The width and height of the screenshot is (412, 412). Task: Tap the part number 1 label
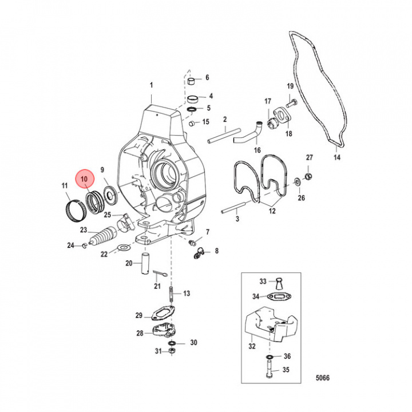(152, 86)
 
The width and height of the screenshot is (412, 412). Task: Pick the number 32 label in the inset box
(252, 346)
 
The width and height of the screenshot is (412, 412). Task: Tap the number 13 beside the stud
(186, 293)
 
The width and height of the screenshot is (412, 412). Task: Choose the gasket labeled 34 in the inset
(278, 296)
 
